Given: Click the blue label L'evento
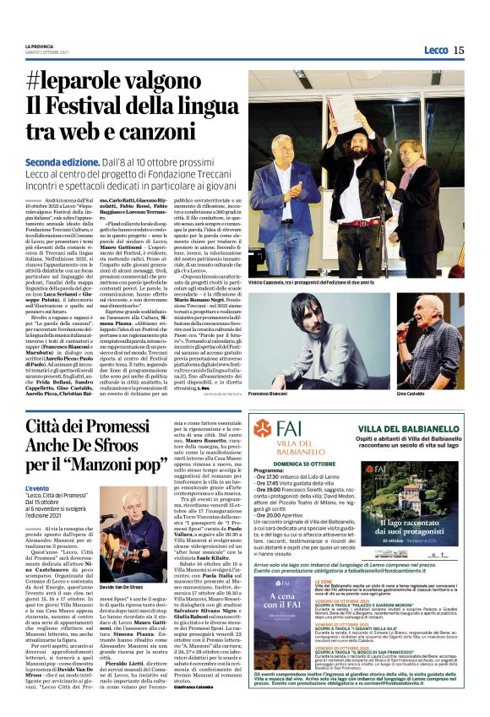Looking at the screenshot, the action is coord(37,488).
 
